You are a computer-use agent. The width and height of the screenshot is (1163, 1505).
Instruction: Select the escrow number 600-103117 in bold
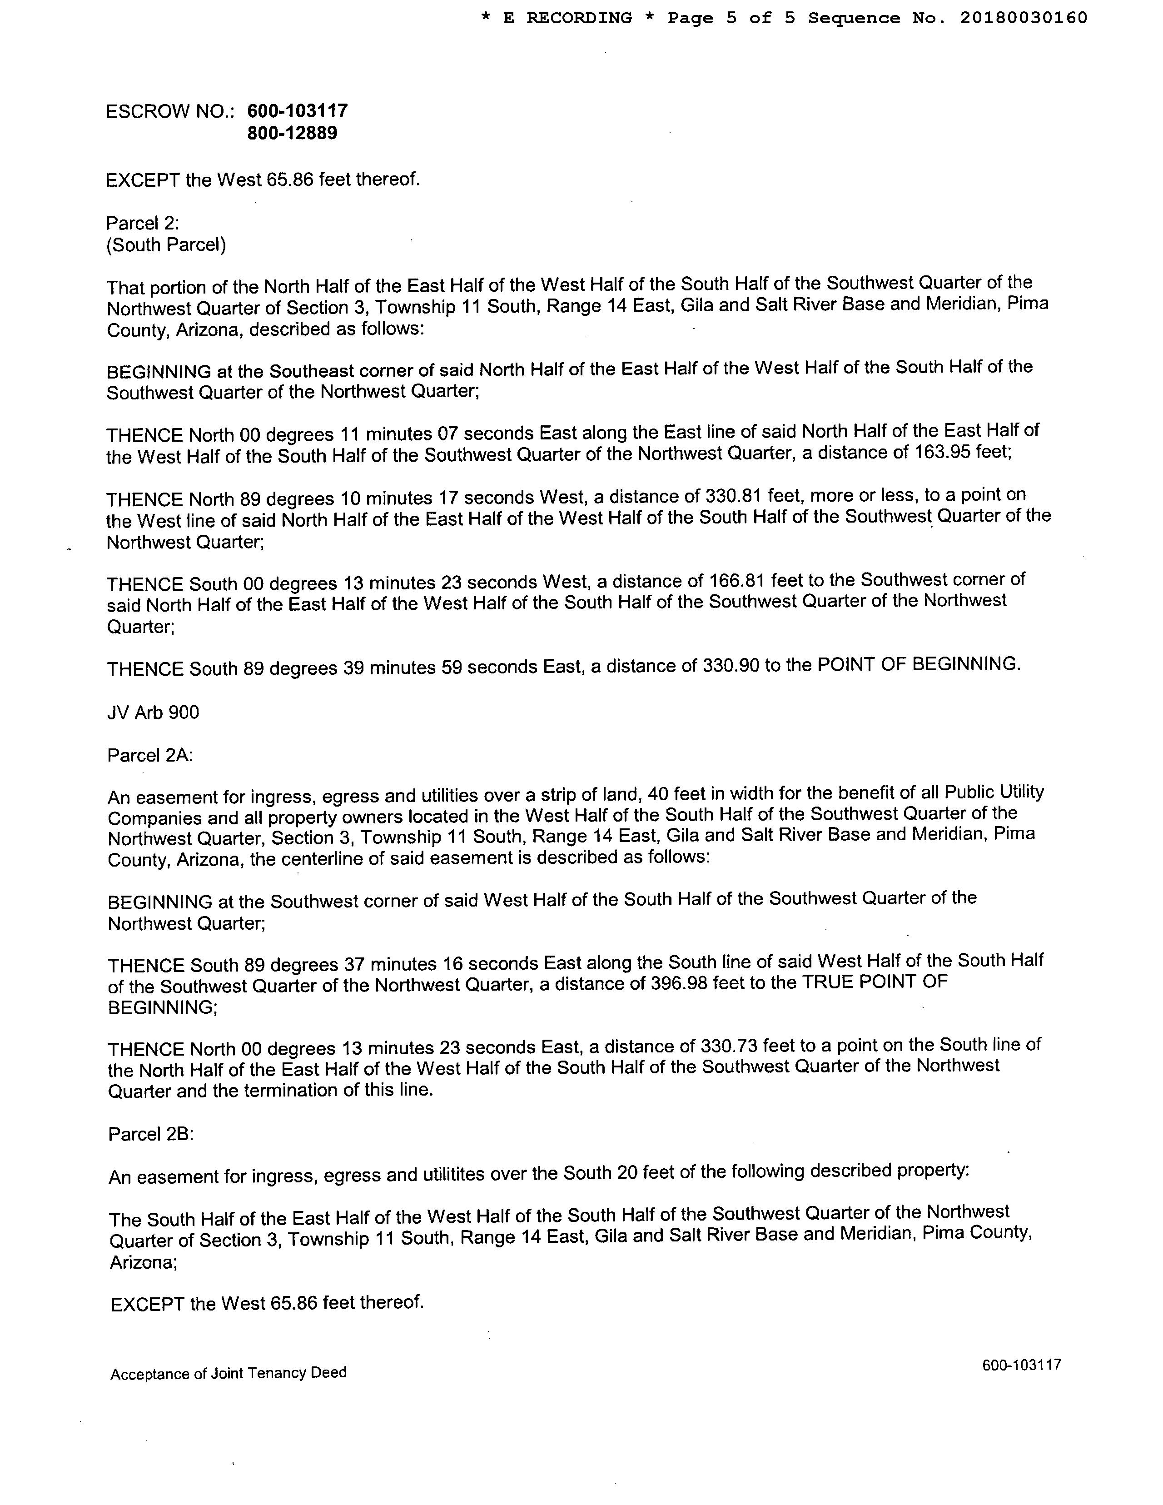297,110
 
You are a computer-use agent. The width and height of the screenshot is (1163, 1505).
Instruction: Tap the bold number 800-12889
292,133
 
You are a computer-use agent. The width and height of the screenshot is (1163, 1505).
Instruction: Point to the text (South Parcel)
166,244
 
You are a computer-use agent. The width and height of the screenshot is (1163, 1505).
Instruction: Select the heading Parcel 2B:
151,1134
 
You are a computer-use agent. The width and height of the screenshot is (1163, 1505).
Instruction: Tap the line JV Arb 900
153,712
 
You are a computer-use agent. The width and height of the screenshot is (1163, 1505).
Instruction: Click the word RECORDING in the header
579,18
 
